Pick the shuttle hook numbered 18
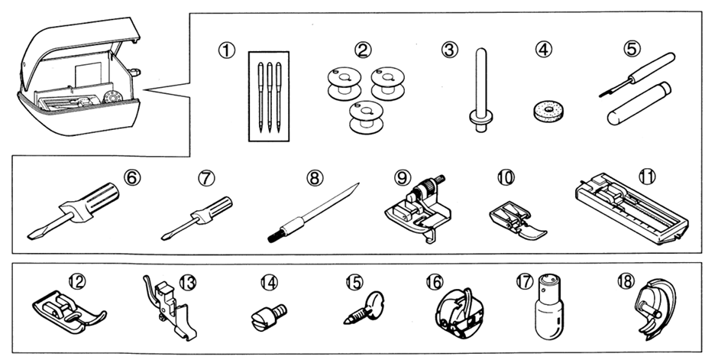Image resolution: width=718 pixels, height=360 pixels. [648, 313]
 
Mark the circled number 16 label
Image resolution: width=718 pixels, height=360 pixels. [434, 281]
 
